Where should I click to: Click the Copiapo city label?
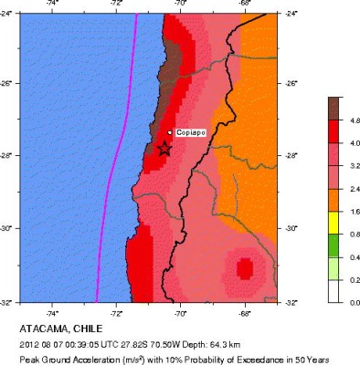191,133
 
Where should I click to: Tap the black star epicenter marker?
164,148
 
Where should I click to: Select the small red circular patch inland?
244,268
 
